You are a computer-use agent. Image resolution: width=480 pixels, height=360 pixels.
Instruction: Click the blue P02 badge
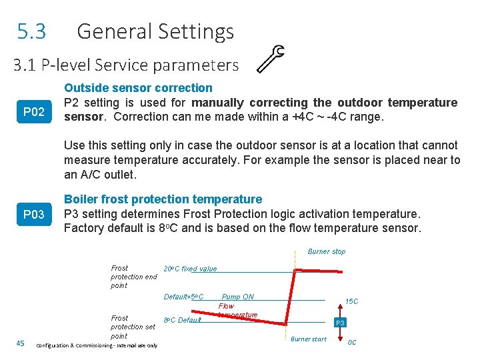point(34,111)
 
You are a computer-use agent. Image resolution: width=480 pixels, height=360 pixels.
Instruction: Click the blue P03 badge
point(34,214)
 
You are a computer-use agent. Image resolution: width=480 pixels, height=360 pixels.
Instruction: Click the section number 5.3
point(32,31)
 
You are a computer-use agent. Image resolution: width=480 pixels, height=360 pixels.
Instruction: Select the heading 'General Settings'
point(155,31)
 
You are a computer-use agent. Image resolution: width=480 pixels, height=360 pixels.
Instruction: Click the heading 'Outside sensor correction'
point(138,87)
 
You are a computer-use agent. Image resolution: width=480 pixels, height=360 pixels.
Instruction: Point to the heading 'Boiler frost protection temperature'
point(163,199)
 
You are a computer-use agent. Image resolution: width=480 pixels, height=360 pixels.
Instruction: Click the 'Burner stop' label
point(326,251)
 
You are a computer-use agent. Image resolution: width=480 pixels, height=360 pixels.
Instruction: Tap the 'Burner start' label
point(309,339)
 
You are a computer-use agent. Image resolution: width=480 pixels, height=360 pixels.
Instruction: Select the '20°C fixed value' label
point(190,269)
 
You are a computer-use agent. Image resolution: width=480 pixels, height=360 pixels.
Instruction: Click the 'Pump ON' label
point(237,297)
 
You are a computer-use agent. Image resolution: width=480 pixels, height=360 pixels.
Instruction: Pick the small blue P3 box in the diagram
point(340,323)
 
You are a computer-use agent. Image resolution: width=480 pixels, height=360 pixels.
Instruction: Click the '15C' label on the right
point(351,301)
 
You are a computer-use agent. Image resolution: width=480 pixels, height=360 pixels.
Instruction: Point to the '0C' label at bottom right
point(352,343)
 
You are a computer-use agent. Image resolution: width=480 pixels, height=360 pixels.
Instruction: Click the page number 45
point(20,343)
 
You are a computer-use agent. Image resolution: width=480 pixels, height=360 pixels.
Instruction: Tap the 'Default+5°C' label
point(183,297)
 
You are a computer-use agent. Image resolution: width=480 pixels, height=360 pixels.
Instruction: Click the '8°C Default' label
point(182,320)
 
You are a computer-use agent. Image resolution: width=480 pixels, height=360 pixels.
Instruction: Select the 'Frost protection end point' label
point(133,277)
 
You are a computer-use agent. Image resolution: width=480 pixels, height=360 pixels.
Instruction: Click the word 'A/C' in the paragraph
point(89,175)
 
